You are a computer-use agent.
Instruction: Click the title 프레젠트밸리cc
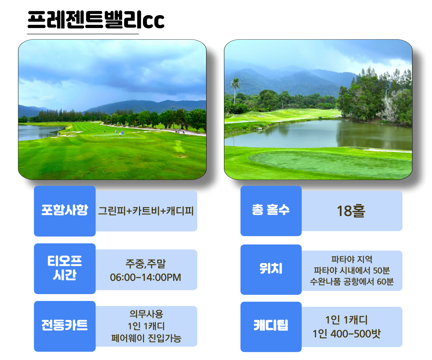pos(96,20)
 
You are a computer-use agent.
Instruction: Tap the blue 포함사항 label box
pos(65,211)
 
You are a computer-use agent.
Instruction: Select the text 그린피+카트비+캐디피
pos(146,211)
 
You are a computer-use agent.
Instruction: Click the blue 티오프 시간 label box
pos(65,269)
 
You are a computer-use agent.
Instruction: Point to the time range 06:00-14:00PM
pos(145,277)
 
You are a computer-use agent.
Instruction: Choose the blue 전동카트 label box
pos(65,326)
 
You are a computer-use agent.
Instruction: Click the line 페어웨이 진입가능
pos(146,338)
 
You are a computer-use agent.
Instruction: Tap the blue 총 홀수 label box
pos(271,211)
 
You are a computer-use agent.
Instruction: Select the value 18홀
pos(351,211)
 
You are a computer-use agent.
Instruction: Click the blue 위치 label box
pos(271,270)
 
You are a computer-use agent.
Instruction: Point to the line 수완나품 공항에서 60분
pos(352,282)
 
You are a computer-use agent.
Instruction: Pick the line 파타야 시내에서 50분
pos(352,270)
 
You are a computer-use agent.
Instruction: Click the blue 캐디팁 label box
pos(271,327)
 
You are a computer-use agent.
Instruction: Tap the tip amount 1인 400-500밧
pos(347,333)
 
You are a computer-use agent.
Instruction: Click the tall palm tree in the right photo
pos(235,91)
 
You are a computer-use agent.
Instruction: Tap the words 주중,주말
pos(145,264)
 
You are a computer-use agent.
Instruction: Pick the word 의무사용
pos(146,314)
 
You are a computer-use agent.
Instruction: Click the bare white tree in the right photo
pos(389,108)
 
